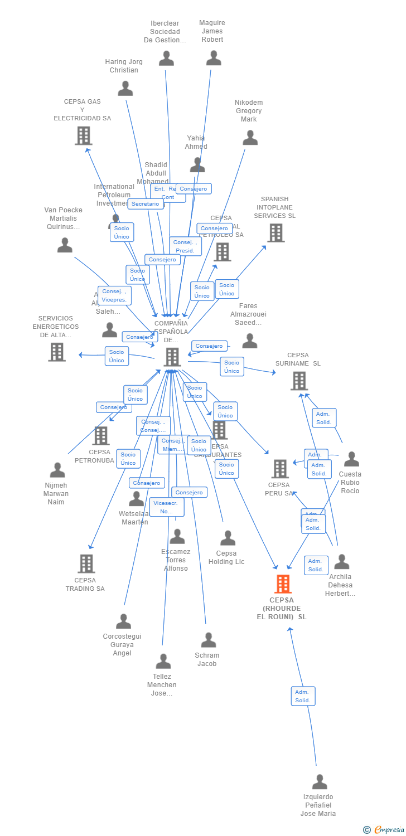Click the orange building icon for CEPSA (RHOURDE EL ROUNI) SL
point(283,584)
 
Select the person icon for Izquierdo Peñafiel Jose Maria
point(320,782)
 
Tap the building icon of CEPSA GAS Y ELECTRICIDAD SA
point(83,135)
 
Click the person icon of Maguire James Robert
point(214,58)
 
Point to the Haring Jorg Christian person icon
point(125,89)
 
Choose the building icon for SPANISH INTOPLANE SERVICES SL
point(276,233)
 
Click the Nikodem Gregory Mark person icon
point(250,138)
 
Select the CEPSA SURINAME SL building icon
point(299,381)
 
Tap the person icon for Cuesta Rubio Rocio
point(351,459)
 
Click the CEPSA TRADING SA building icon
point(86,563)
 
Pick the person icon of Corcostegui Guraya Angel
point(123,621)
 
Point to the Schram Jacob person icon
point(209,640)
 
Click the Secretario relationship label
point(146,204)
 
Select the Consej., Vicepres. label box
point(114,295)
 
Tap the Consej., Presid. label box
point(185,246)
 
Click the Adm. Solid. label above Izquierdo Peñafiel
point(303,696)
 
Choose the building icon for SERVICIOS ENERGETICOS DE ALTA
point(57,352)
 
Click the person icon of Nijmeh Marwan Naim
point(57,470)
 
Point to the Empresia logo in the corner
point(383,830)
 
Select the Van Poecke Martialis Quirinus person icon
point(65,245)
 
